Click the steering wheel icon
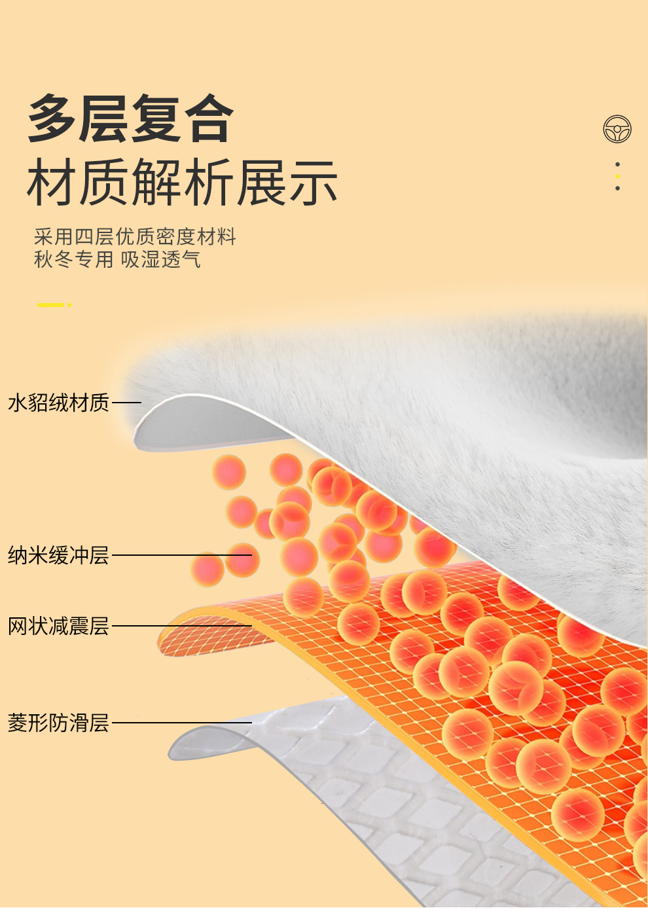pyautogui.click(x=617, y=129)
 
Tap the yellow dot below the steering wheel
pyautogui.click(x=617, y=176)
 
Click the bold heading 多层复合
pyautogui.click(x=131, y=118)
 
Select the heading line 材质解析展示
pyautogui.click(x=182, y=183)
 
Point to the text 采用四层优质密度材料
pyautogui.click(x=135, y=236)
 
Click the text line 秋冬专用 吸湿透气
pyautogui.click(x=117, y=260)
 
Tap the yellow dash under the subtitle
pyautogui.click(x=52, y=305)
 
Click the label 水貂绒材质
pyautogui.click(x=58, y=403)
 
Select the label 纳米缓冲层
pyautogui.click(x=58, y=555)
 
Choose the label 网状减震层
pyautogui.click(x=58, y=626)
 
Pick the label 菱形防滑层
pyautogui.click(x=58, y=723)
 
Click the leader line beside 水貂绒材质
pyautogui.click(x=127, y=403)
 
